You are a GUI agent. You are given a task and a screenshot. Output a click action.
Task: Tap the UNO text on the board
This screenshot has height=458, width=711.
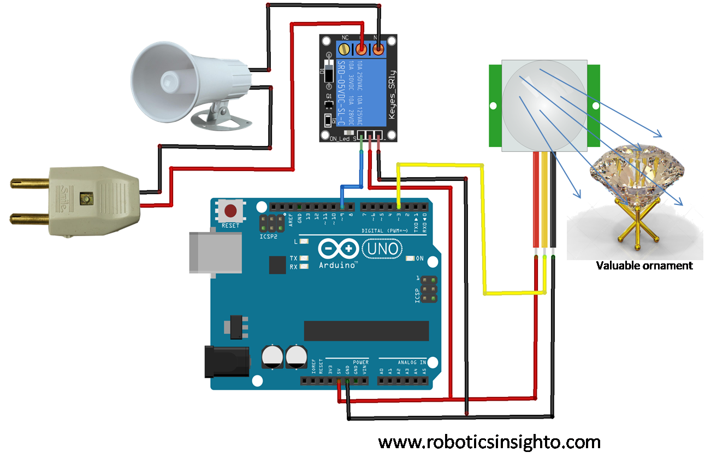point(382,249)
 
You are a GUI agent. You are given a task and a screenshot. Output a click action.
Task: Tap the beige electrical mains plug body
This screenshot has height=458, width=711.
point(90,201)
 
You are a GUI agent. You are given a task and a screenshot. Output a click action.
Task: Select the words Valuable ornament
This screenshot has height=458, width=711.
point(644,266)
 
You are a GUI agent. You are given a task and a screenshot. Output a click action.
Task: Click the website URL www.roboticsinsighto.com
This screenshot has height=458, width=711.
point(489,442)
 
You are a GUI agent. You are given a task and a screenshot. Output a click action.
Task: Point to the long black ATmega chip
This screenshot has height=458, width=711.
point(366,331)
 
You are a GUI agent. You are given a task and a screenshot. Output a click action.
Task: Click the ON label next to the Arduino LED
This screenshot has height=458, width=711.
point(420,259)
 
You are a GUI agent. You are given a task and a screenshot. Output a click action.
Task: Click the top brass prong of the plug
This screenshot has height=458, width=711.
point(31,183)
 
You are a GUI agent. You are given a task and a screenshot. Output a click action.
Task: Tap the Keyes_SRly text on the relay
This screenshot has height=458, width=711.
point(391,96)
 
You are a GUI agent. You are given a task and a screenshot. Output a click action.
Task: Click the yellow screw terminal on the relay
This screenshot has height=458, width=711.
point(344,50)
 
